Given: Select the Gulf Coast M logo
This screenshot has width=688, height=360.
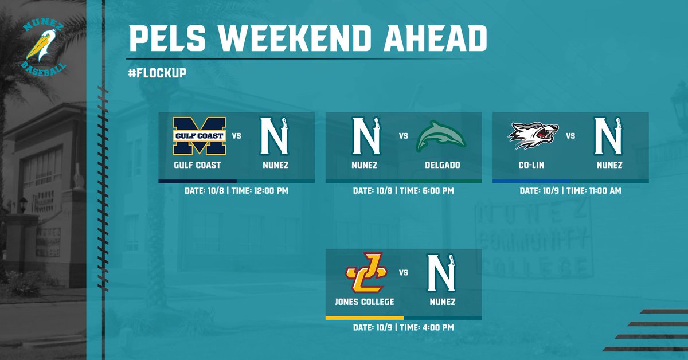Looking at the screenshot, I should click(200, 136).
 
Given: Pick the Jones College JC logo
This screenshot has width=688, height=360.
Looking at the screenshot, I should click(366, 273).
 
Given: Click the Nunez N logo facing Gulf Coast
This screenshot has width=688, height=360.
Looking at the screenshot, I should click(275, 135).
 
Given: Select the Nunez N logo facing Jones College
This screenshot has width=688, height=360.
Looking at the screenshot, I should click(441, 273).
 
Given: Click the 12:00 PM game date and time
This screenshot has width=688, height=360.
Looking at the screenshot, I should click(237, 190).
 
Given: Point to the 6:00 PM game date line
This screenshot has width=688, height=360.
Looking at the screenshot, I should click(403, 190).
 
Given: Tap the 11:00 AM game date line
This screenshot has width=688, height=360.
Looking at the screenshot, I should click(570, 190).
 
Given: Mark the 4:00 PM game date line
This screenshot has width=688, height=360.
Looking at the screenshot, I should click(403, 327).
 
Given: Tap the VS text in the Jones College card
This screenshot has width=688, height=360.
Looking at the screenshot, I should click(404, 273).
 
